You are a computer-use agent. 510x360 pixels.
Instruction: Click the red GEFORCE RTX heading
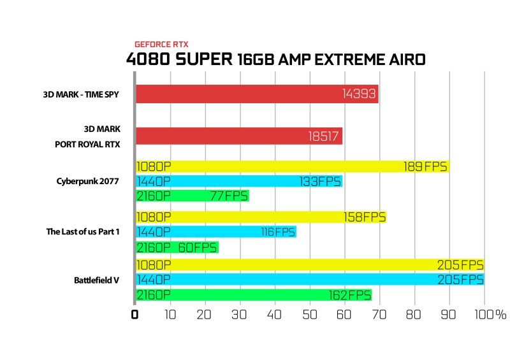[161, 44]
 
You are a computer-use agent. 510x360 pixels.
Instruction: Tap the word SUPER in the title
[204, 59]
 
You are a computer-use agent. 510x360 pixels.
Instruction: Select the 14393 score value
[359, 94]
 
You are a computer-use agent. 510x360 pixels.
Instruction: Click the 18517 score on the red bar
[324, 136]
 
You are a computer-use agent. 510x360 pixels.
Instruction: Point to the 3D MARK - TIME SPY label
[81, 95]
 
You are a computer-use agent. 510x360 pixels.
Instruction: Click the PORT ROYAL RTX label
[87, 145]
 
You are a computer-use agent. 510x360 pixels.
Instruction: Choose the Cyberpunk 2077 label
[88, 181]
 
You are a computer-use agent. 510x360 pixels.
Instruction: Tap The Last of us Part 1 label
[83, 231]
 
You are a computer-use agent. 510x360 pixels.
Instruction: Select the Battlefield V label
[97, 280]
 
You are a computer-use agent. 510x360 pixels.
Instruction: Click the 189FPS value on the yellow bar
[425, 167]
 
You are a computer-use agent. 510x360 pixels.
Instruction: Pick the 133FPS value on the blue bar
[320, 182]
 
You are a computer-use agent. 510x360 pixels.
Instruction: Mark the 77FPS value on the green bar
[229, 196]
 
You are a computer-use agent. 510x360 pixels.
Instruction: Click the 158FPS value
[365, 217]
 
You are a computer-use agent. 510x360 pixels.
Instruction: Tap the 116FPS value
[278, 232]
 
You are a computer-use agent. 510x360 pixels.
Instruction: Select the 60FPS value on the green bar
[198, 248]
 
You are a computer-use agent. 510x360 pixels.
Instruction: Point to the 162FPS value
[350, 295]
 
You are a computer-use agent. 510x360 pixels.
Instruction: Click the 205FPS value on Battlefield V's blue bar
[460, 280]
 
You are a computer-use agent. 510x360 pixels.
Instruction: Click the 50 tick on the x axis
[309, 315]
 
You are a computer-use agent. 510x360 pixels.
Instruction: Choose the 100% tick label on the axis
[490, 315]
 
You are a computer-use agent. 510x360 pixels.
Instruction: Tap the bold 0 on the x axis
[135, 315]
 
